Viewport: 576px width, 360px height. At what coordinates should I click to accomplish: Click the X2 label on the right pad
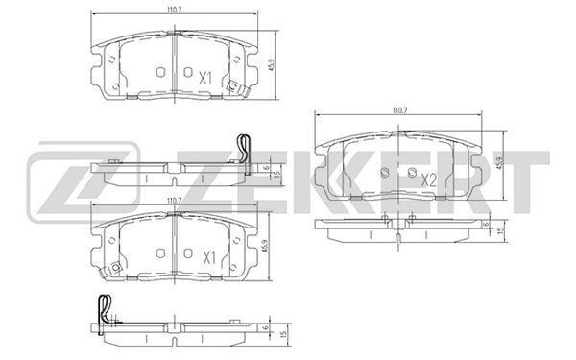(x=428, y=180)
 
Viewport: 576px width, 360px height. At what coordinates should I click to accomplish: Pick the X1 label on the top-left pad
(x=205, y=79)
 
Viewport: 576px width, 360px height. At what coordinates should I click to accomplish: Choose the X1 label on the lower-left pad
(x=209, y=258)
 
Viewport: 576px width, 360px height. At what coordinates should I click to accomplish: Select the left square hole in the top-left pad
(x=160, y=72)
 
